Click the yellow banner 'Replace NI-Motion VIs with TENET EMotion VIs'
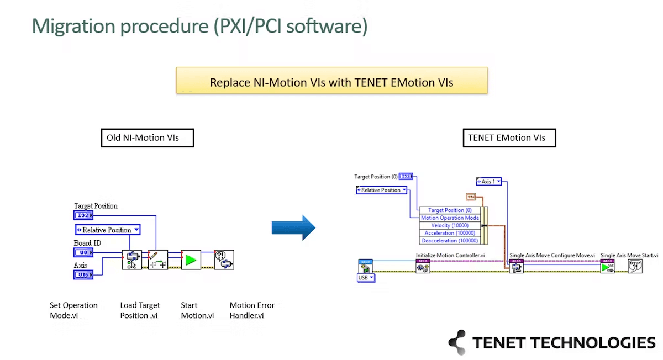tap(331, 82)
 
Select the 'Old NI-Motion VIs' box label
tap(147, 137)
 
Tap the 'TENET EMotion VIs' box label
tap(508, 137)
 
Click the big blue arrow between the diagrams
tap(293, 227)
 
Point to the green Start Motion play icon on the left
tap(191, 260)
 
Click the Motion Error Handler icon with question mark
tap(224, 260)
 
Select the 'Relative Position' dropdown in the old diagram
tap(108, 230)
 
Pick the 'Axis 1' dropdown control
tap(488, 181)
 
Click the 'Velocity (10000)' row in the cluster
tap(450, 225)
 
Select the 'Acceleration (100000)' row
tap(450, 233)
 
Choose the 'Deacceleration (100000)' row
tap(450, 241)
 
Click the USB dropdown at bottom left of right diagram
tap(366, 278)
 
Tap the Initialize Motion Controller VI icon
tap(422, 267)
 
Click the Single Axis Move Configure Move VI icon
tap(516, 267)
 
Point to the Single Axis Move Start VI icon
tap(607, 267)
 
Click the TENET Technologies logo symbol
tap(457, 342)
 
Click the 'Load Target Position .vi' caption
tap(140, 310)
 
